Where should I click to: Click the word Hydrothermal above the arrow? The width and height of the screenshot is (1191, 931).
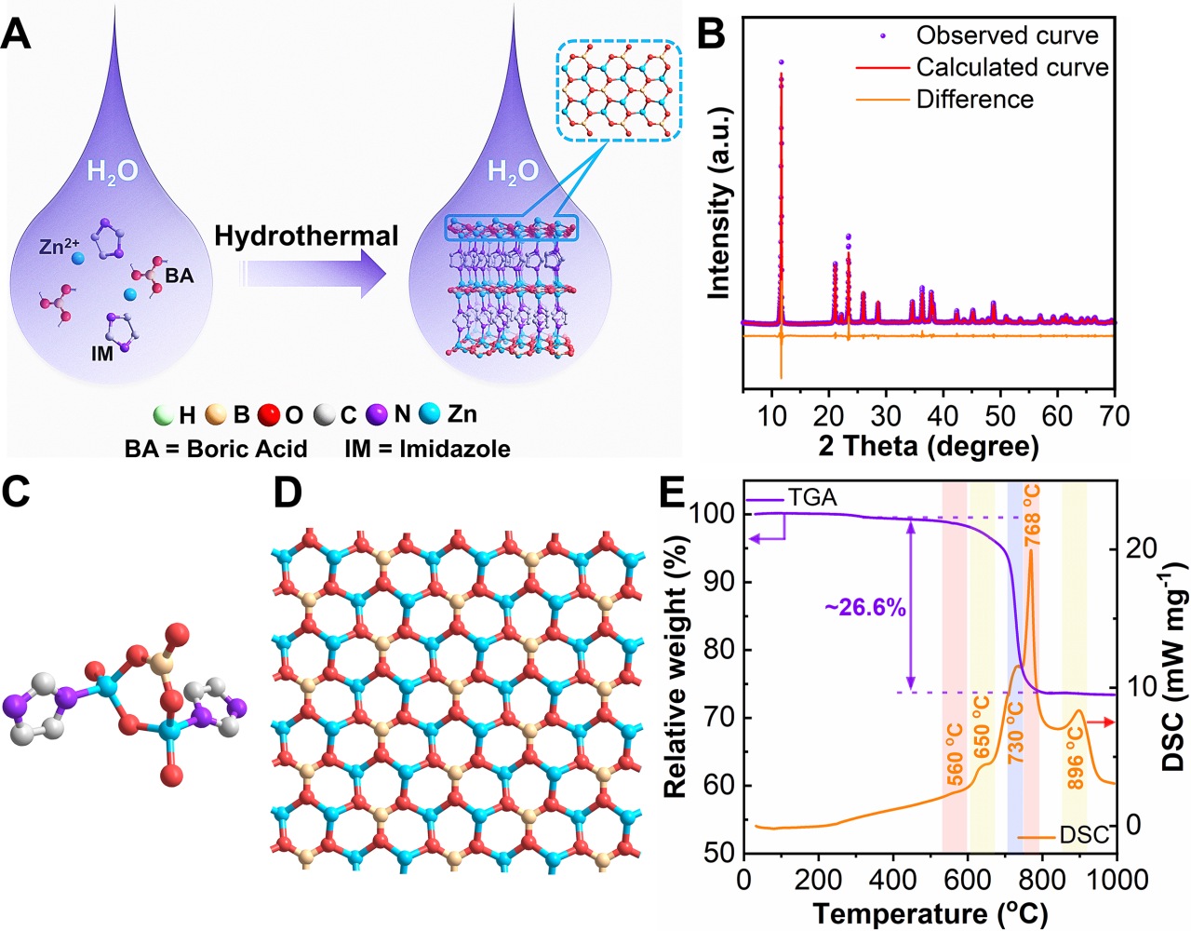coord(306,236)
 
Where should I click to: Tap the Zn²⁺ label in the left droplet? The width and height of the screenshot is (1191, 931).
coord(59,247)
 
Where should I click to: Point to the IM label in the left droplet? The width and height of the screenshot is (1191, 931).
coord(102,354)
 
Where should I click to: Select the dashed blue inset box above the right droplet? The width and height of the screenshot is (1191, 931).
coord(620,91)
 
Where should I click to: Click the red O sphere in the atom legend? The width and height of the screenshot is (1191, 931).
coord(269,414)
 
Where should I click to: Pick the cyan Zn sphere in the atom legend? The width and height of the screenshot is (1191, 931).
coord(429,413)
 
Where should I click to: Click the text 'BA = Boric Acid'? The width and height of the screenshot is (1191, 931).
coord(216,449)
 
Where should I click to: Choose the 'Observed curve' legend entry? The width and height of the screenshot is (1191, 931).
coord(1007,35)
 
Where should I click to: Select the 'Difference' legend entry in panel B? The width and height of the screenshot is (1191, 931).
coord(974,99)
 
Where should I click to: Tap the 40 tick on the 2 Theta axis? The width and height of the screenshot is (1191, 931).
coord(943,415)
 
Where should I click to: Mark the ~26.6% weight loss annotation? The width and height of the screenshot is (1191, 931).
coord(864,608)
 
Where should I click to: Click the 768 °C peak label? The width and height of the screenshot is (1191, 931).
coord(1032,515)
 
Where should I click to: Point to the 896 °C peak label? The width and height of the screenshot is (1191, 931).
coord(1076,759)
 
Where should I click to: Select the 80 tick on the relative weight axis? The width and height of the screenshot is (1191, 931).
coord(716,649)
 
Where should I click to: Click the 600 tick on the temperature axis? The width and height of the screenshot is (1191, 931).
coord(968,879)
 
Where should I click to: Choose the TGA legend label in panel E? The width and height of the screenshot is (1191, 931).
coord(812,498)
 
